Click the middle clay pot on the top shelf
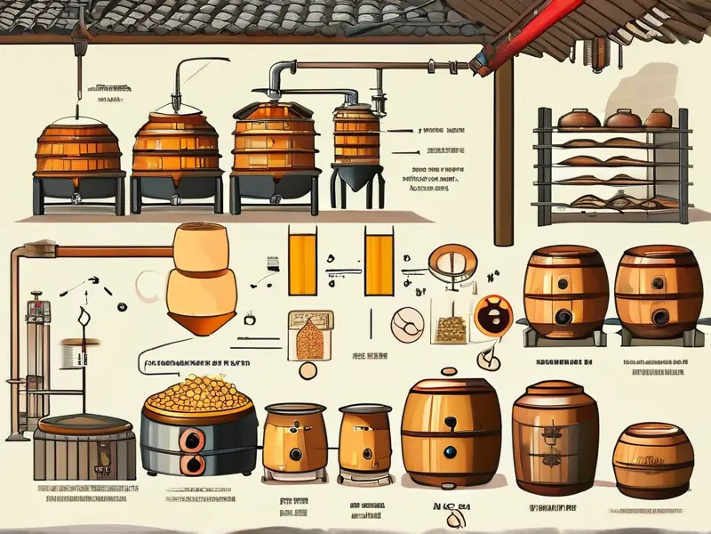pos(619,117)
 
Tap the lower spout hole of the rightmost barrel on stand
pos(660,317)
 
